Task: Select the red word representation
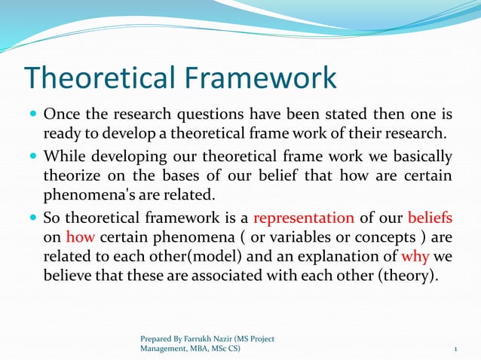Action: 304,218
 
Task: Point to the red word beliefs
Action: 430,218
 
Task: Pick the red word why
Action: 416,256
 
